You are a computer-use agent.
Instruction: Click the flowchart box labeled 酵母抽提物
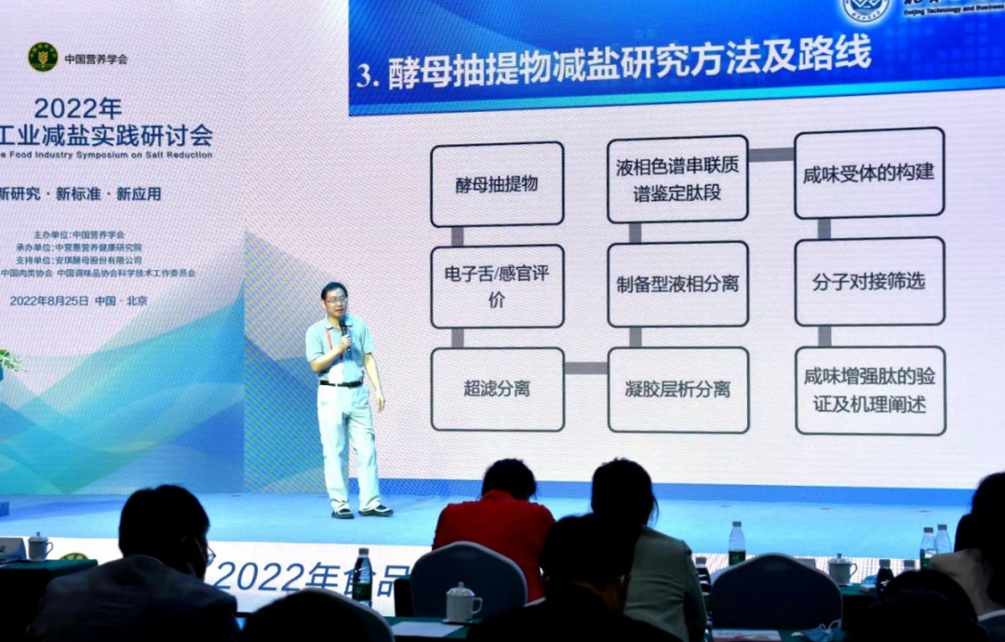click(x=497, y=184)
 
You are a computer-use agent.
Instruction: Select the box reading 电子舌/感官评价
click(x=497, y=287)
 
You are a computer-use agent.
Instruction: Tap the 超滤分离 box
click(x=497, y=389)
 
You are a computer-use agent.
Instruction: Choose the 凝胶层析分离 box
click(x=677, y=390)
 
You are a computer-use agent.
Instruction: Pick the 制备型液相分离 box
click(x=677, y=284)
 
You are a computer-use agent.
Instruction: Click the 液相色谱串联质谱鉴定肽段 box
click(x=677, y=180)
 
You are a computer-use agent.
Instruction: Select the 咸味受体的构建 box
click(x=868, y=173)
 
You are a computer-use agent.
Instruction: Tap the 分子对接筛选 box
click(x=869, y=281)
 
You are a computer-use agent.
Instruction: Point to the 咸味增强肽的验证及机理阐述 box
click(x=870, y=390)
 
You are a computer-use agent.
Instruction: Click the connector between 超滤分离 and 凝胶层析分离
click(x=586, y=368)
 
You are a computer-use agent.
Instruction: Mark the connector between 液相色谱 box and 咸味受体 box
click(x=771, y=154)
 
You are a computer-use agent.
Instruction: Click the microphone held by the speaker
click(x=343, y=327)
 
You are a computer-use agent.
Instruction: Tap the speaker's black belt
click(x=342, y=383)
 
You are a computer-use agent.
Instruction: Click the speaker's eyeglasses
click(x=336, y=300)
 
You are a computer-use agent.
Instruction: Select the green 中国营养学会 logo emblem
click(x=43, y=58)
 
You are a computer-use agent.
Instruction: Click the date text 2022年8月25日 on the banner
click(x=49, y=301)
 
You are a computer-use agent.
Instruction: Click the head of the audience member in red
click(x=508, y=479)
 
